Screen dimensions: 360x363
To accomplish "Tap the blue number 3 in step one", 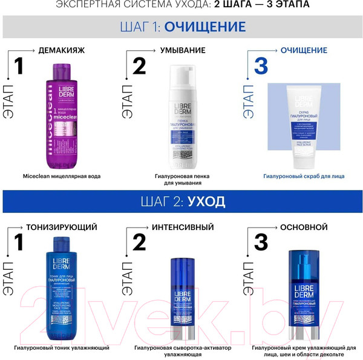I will point(260,66).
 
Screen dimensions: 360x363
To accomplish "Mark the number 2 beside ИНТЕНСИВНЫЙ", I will point(139,243).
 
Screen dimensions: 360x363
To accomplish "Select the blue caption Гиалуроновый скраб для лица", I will point(304,176).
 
